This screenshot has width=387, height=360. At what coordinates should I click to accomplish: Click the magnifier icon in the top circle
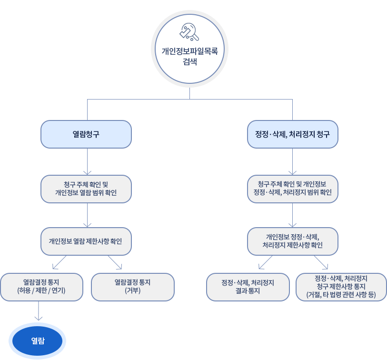189,32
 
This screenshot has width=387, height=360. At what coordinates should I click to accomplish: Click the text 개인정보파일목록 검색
189,55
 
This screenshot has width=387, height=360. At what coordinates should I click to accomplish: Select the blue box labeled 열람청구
86,134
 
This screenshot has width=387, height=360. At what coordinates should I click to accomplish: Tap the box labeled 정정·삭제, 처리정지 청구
292,134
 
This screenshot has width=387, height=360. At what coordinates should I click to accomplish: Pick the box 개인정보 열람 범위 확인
86,189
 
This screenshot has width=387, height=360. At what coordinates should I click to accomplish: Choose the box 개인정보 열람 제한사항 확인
86,241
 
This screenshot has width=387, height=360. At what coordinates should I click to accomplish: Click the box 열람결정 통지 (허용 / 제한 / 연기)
41,287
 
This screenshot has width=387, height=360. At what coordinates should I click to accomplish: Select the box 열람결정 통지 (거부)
132,287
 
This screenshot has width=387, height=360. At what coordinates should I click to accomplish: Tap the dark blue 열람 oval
38,340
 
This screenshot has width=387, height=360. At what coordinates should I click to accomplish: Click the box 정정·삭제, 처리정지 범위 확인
292,189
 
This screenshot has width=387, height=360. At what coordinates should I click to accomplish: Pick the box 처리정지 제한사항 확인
292,241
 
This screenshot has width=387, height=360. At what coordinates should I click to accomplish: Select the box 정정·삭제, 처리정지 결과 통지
248,287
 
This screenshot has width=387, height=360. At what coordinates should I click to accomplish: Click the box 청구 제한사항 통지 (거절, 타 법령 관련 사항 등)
341,287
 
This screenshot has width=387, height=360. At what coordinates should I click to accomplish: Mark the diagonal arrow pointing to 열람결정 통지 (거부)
115,262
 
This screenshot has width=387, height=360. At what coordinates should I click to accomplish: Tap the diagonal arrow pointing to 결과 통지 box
265,262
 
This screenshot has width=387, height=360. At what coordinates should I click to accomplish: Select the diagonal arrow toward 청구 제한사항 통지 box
321,262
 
